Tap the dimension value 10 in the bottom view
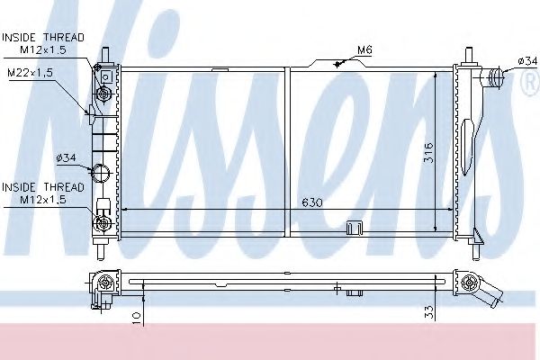click(135, 315)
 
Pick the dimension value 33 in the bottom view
click(429, 312)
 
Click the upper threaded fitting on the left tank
click(104, 93)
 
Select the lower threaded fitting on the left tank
click(103, 222)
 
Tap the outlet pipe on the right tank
click(492, 78)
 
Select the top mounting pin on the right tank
click(468, 56)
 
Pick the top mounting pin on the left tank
click(106, 56)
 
